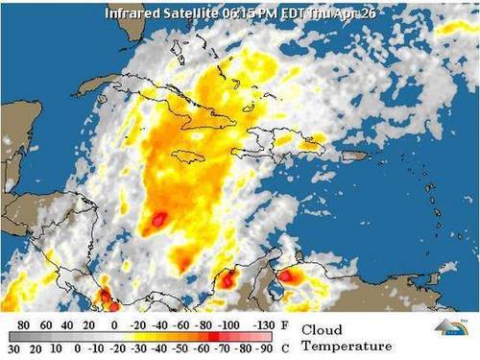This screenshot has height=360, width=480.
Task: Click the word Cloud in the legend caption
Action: click(323, 329)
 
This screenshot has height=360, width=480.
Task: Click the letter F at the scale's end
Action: click(287, 325)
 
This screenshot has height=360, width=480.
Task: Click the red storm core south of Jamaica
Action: click(156, 221)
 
